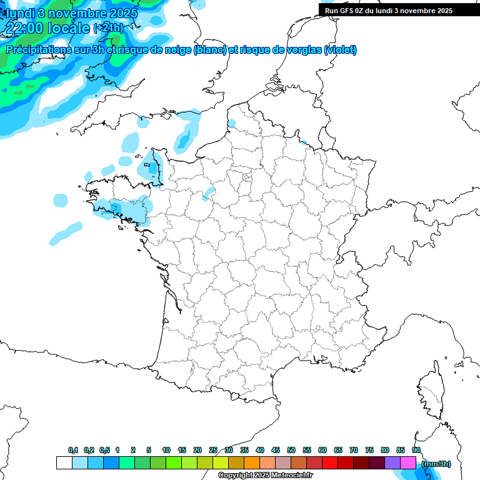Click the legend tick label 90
416,450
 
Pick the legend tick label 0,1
73,450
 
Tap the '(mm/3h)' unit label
436,464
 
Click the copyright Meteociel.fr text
266,476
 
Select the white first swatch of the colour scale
64,463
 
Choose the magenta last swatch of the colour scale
408,463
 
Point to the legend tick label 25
213,450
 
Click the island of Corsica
430,391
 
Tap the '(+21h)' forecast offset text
108,28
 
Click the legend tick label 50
291,450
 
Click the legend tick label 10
166,450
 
